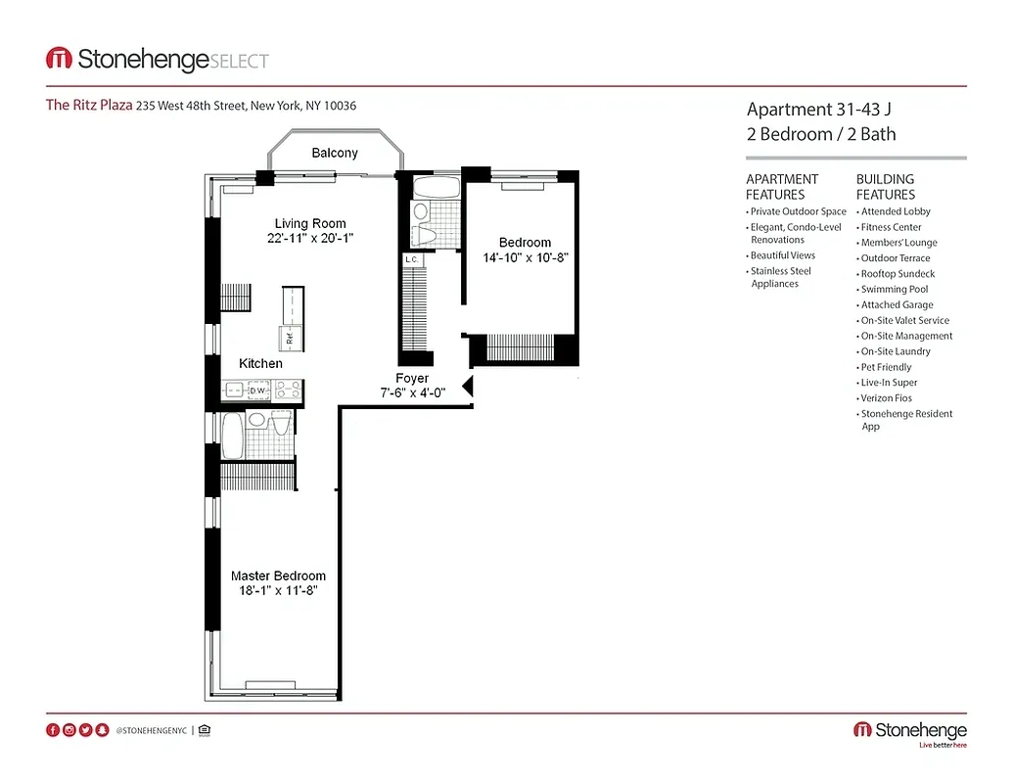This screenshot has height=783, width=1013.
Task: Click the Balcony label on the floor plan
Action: coord(335,153)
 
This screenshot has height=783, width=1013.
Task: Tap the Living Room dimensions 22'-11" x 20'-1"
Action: coord(309,238)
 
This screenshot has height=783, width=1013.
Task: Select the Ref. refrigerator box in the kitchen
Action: coord(290,339)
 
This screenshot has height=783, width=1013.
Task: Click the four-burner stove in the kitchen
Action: coord(287,391)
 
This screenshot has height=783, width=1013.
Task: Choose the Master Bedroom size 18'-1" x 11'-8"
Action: coord(278,591)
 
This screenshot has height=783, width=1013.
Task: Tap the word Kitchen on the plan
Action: coord(260,363)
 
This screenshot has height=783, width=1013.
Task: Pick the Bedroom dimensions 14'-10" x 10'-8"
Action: coord(525,257)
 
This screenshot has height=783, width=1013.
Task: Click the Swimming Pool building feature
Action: coord(895,290)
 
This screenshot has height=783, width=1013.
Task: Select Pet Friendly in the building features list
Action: coord(886,367)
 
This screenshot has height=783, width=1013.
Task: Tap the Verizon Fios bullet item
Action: coord(886,398)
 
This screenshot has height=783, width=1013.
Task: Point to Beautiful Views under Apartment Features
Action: coord(782,255)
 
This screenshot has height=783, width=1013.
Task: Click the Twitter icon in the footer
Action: coord(86,730)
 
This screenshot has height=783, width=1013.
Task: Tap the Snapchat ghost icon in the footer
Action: coord(103,730)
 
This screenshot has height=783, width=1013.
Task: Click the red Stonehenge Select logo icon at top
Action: coord(59,60)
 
